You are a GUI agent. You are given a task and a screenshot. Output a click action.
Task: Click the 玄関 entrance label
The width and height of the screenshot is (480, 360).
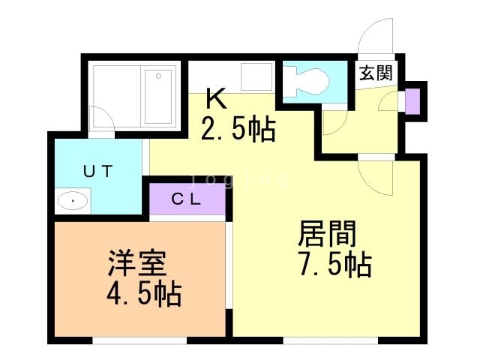tap(376, 73)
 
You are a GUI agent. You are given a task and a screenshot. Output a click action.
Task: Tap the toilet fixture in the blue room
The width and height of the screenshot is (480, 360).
tap(306, 82)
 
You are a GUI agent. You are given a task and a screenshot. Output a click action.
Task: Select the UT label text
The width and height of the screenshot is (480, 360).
tap(98, 171)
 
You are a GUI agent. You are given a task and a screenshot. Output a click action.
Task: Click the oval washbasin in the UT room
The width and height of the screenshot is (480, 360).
tap(73, 201)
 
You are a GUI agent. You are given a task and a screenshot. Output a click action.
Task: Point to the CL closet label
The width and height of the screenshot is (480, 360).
tap(187, 199)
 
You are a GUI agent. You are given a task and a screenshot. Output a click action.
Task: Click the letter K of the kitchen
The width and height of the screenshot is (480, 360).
tap(217, 98)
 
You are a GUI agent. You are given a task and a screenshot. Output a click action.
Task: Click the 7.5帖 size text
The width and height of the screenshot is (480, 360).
tap(335, 265)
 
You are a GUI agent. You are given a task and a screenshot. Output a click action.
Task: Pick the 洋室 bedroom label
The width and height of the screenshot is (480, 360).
tap(136, 263)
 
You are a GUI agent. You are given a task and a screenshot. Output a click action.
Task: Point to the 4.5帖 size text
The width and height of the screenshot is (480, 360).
tap(144, 294)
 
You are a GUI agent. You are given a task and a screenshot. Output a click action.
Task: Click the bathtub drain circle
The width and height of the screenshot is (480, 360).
tap(158, 76)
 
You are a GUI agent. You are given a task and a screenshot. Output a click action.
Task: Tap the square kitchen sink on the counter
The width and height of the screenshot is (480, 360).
tap(256, 76)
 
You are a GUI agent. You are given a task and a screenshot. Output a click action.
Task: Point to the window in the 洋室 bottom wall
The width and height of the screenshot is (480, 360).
tap(139, 340)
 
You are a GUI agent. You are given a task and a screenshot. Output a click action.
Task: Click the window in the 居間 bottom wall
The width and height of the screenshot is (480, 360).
tap(331, 340)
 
